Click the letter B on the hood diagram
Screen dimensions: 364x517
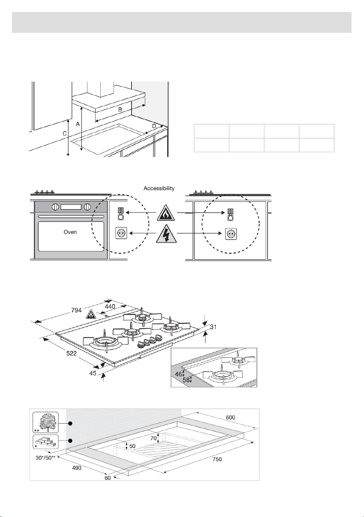120,109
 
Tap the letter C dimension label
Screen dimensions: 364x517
65,134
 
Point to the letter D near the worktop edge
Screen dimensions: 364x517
154,126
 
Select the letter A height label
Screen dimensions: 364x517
78,124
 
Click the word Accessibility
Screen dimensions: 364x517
159,188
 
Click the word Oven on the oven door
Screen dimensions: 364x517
70,232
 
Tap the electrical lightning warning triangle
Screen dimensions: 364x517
166,234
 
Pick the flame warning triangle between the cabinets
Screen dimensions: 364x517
166,212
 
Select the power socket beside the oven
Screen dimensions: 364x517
121,233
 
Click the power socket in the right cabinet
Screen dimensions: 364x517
231,234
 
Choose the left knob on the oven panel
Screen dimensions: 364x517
55,207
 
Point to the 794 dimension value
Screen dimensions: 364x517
76,310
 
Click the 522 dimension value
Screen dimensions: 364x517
71,353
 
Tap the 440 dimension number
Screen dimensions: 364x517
110,307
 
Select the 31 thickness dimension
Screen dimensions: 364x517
213,327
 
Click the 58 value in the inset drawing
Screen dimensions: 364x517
186,380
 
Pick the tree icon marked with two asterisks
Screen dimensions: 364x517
46,422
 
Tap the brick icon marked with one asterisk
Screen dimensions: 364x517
46,442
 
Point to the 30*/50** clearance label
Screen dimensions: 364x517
45,458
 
